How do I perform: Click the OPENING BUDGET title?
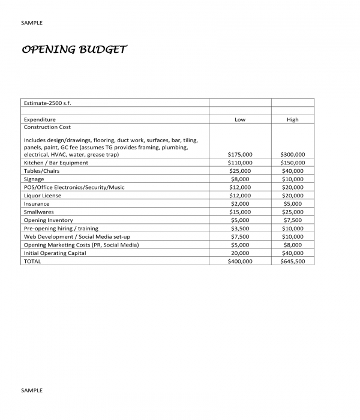click(x=74, y=50)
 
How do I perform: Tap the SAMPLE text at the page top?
click(x=32, y=23)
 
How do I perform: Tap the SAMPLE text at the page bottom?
click(x=32, y=390)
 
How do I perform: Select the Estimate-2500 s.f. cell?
click(x=48, y=103)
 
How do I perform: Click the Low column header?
click(x=240, y=119)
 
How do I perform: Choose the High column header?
click(x=292, y=119)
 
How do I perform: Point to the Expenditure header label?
click(x=40, y=119)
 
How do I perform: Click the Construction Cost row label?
click(x=47, y=127)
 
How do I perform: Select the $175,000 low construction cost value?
click(x=240, y=154)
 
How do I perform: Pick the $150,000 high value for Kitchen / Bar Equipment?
click(x=292, y=163)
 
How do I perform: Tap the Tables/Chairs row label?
click(x=41, y=171)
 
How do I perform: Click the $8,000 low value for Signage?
click(x=240, y=179)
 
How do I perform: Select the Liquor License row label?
click(x=42, y=196)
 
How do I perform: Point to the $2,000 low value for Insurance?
click(x=240, y=204)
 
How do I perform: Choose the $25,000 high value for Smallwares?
click(x=292, y=212)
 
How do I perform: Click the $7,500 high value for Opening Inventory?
click(x=292, y=220)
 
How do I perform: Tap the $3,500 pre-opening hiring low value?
click(x=240, y=229)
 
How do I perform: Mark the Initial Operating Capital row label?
click(x=55, y=253)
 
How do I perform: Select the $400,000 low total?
click(x=240, y=262)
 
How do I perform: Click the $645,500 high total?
click(x=292, y=262)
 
